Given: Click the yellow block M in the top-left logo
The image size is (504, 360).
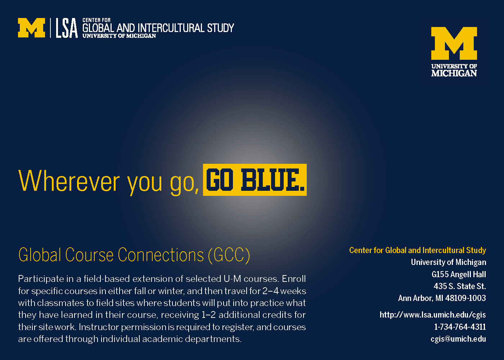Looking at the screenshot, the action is coord(32,28).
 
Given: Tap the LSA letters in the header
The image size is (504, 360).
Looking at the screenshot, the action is coord(67,28).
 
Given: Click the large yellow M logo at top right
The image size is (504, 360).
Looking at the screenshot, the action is coord(454,43).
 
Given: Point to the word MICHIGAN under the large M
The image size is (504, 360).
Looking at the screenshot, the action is coord(454,73).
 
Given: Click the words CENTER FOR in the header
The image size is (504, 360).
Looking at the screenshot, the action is coord(96,20).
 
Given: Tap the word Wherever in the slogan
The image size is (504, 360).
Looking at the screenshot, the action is coord(69,181).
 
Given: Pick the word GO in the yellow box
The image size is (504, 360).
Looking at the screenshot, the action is coord(220,180).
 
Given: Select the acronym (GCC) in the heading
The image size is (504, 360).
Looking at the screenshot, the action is coord(229,255).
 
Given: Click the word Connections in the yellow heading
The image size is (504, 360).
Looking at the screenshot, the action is coord(161,255).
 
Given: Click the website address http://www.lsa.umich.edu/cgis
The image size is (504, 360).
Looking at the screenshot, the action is coord(433,315).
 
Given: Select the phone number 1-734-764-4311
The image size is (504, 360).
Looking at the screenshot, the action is coord(460,327).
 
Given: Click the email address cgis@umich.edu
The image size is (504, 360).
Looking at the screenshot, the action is coord(458,339).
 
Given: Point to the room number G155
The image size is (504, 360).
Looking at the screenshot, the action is coord(440,274).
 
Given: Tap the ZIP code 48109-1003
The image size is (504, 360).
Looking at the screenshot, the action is coord(465,298).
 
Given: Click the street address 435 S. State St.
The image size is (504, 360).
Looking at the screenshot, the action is coord(460,286).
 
